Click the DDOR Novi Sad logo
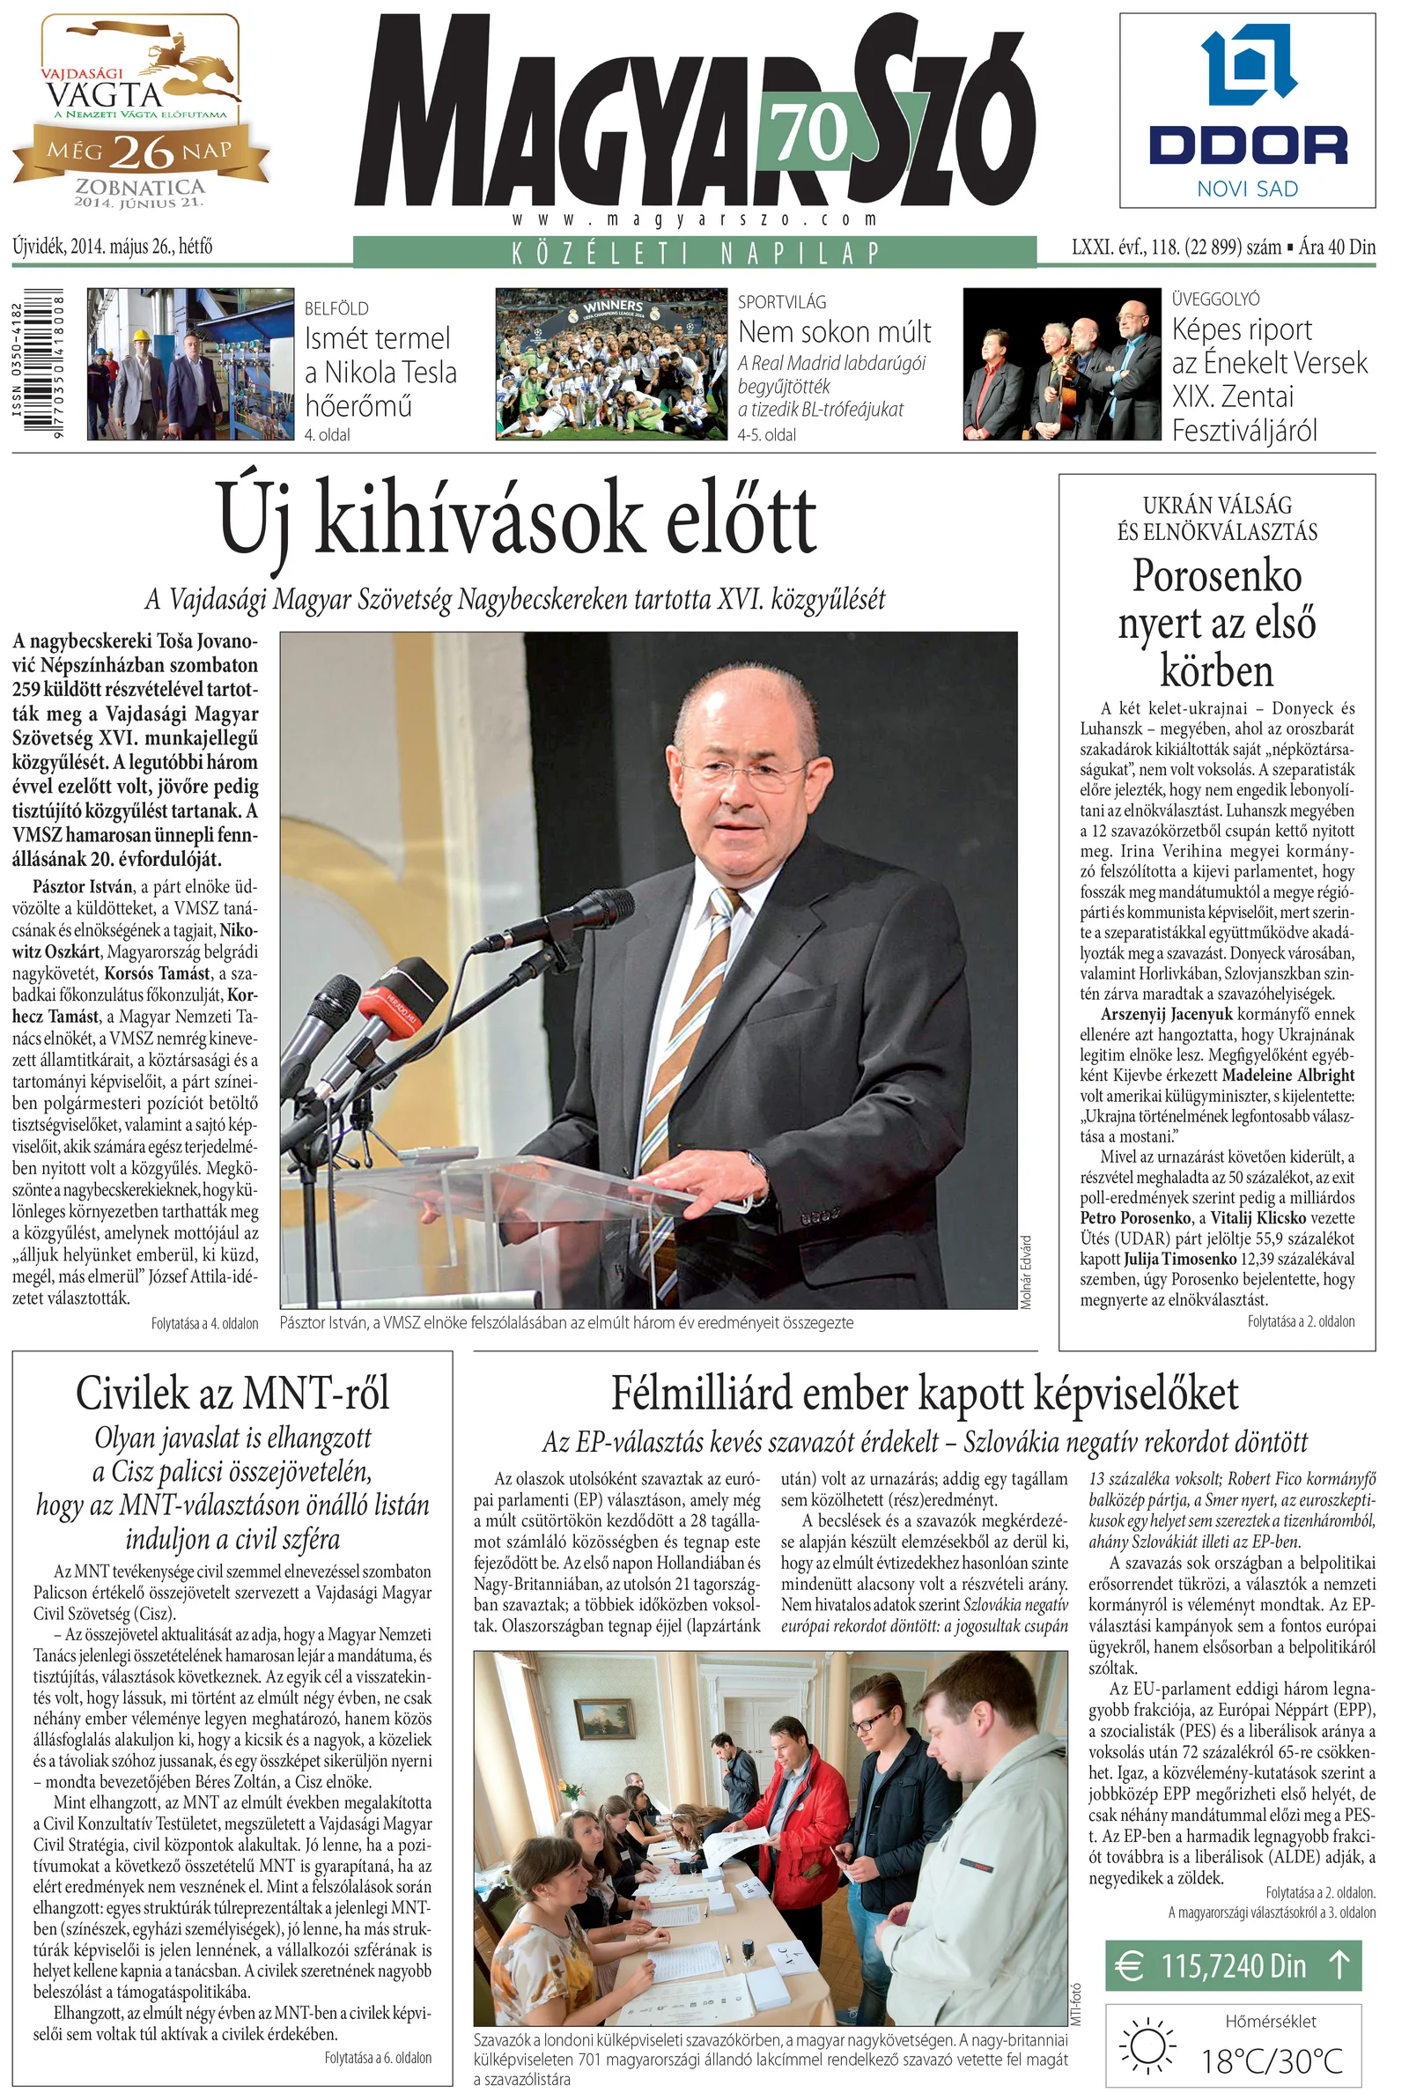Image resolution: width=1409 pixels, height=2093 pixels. (1247, 112)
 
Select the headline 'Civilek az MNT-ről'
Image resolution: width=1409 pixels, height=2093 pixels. (232, 1394)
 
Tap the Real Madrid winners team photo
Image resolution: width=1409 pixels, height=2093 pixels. (611, 364)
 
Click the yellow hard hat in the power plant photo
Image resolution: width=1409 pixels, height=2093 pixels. (139, 336)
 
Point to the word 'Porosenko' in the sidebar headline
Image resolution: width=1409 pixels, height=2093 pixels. (1217, 576)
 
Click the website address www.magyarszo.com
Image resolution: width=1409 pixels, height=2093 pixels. (695, 219)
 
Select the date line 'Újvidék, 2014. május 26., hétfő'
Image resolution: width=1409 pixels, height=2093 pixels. (113, 247)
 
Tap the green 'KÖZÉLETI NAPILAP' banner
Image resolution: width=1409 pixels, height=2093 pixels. (695, 253)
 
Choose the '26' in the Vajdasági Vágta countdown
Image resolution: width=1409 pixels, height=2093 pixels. (142, 152)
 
